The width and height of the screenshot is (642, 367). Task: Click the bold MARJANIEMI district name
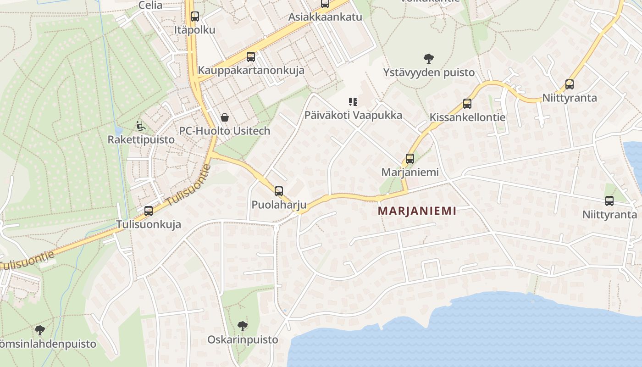point(417,211)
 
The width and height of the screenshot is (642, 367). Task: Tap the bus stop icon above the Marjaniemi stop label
point(410,159)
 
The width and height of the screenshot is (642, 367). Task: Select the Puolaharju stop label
point(279,205)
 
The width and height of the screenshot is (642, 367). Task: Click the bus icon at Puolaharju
point(279,191)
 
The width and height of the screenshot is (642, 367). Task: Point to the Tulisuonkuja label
point(149,224)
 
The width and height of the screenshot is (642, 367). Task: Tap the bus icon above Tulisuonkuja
point(149,211)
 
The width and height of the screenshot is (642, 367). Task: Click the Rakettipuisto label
point(141,139)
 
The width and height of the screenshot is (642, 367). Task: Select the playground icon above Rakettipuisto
point(141,126)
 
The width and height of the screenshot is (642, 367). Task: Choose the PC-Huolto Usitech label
point(224,131)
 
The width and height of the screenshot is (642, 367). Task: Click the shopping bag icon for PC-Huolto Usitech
point(225,117)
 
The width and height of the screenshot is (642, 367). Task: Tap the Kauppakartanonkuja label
point(251,71)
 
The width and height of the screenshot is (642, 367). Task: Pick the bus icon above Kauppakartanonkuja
point(251,57)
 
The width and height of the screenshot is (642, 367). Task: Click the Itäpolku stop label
point(195,30)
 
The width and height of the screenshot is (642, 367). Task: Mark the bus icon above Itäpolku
point(195,17)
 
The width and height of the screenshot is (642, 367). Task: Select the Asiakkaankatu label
point(325,17)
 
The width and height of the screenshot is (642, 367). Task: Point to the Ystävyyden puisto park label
point(429,72)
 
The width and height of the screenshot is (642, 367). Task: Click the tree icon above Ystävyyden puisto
point(429,58)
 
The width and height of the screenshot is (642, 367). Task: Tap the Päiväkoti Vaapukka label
point(353,115)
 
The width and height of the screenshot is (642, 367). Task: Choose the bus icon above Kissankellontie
point(467,104)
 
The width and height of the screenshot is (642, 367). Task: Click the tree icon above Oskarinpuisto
point(243,326)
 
